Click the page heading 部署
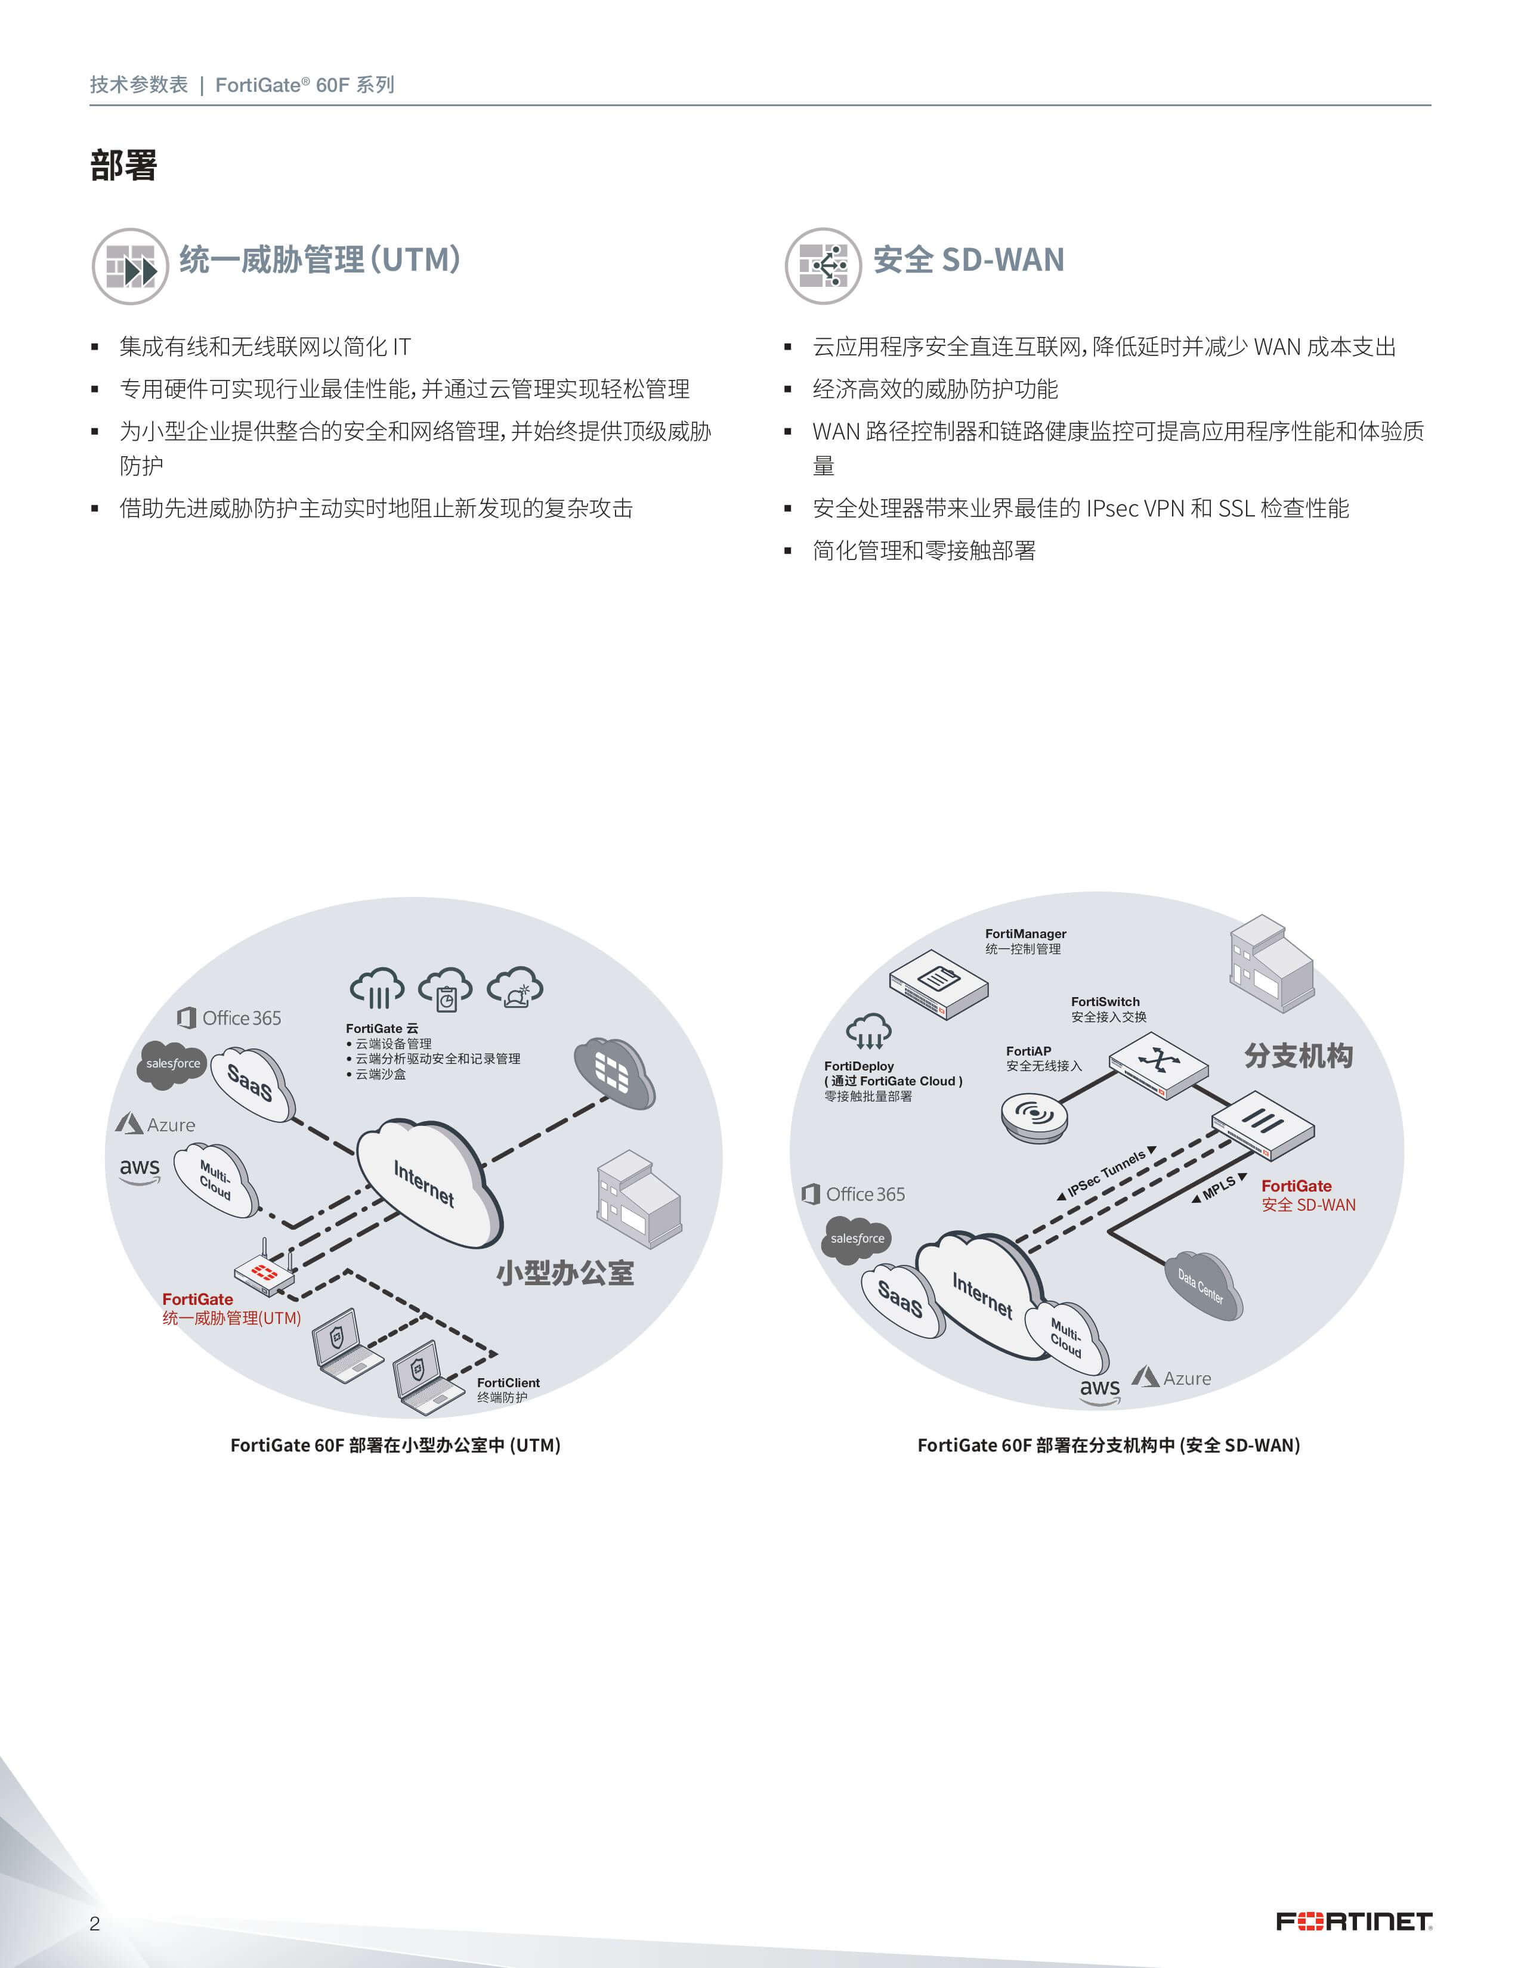coord(123,166)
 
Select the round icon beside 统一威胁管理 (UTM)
coord(130,266)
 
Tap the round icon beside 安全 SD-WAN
coord(823,266)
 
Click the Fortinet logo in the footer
coord(1353,1921)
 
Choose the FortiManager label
coord(1025,933)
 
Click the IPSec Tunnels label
coord(1106,1174)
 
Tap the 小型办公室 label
coord(565,1273)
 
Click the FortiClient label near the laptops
coord(508,1382)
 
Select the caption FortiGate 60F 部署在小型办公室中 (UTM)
coord(395,1446)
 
